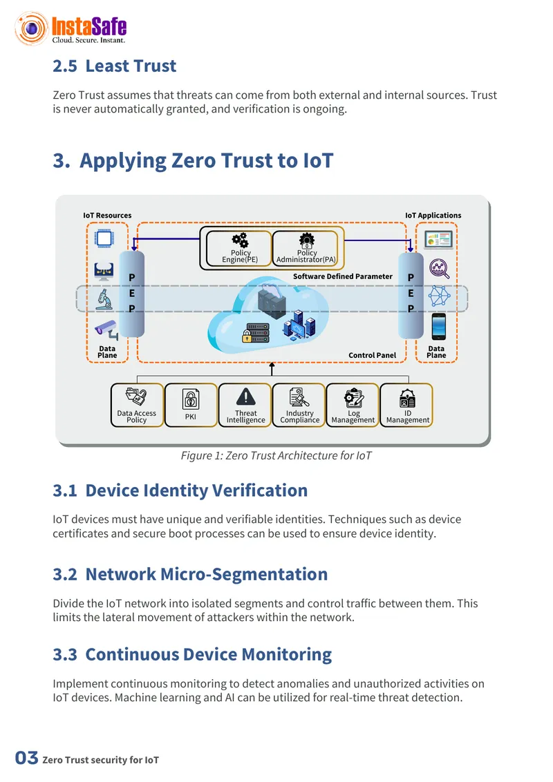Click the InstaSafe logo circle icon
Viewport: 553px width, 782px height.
[x=31, y=28]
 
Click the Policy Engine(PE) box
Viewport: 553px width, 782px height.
[x=239, y=248]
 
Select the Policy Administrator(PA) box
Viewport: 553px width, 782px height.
[x=306, y=248]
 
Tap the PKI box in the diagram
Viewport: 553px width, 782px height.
[x=191, y=405]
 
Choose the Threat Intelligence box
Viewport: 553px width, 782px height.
[x=245, y=405]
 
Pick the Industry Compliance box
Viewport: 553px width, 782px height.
[x=299, y=405]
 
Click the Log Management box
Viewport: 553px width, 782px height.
[x=353, y=405]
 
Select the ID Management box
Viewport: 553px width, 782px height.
[x=406, y=405]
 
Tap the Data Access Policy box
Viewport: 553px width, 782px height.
[x=137, y=405]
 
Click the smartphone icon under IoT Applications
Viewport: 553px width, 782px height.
[x=439, y=327]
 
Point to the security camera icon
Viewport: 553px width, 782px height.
[x=106, y=330]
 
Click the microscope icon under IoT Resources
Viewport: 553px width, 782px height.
[x=104, y=300]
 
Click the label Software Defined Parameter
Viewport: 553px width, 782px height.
[x=342, y=276]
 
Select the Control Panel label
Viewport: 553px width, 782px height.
[x=373, y=355]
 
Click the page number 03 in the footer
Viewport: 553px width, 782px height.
[x=26, y=758]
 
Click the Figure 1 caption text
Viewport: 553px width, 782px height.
[x=276, y=456]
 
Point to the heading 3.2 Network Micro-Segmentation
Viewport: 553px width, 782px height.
[x=190, y=575]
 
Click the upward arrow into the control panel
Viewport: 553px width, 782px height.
[x=272, y=369]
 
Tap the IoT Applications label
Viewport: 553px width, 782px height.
[x=433, y=216]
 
